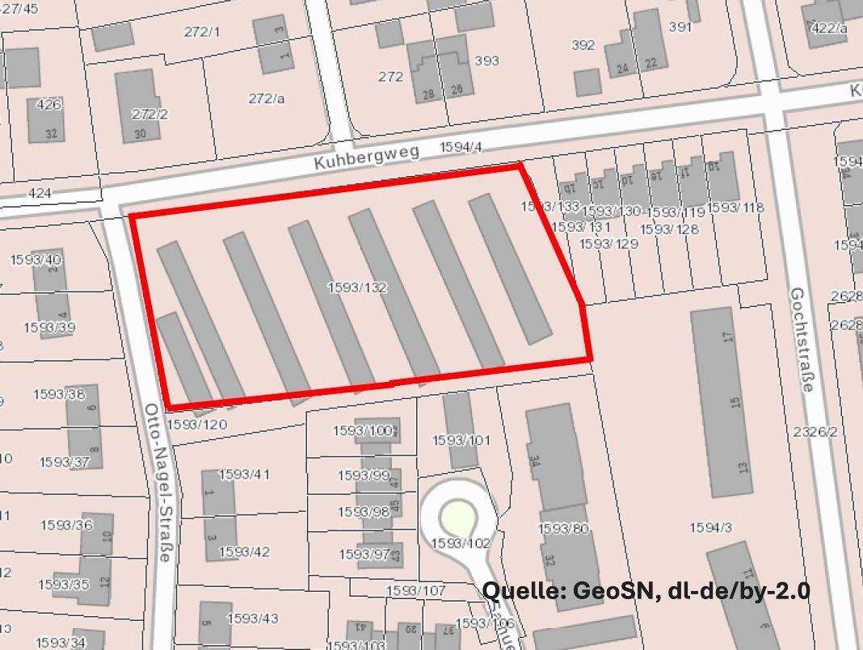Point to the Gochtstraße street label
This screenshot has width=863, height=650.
click(x=800, y=339)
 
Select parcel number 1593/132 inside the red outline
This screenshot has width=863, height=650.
click(x=357, y=287)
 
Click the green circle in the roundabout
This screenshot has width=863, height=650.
click(x=457, y=516)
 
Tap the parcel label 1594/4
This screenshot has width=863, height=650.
click(x=461, y=147)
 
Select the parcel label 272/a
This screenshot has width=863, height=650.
click(x=267, y=98)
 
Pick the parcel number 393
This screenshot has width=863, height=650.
click(x=486, y=61)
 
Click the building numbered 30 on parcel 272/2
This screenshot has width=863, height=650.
click(x=139, y=133)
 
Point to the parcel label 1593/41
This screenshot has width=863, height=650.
click(x=243, y=474)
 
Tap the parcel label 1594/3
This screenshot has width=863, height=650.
click(x=710, y=527)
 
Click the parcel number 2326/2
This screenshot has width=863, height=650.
click(x=815, y=432)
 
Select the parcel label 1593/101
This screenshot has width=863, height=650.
click(x=461, y=440)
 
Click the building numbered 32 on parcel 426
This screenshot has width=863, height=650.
click(x=51, y=133)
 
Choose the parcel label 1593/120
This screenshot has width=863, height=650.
click(x=196, y=424)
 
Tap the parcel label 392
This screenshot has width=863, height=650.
click(x=583, y=45)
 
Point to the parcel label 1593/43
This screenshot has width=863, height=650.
click(x=252, y=619)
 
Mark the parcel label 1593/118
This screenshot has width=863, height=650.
click(x=735, y=208)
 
